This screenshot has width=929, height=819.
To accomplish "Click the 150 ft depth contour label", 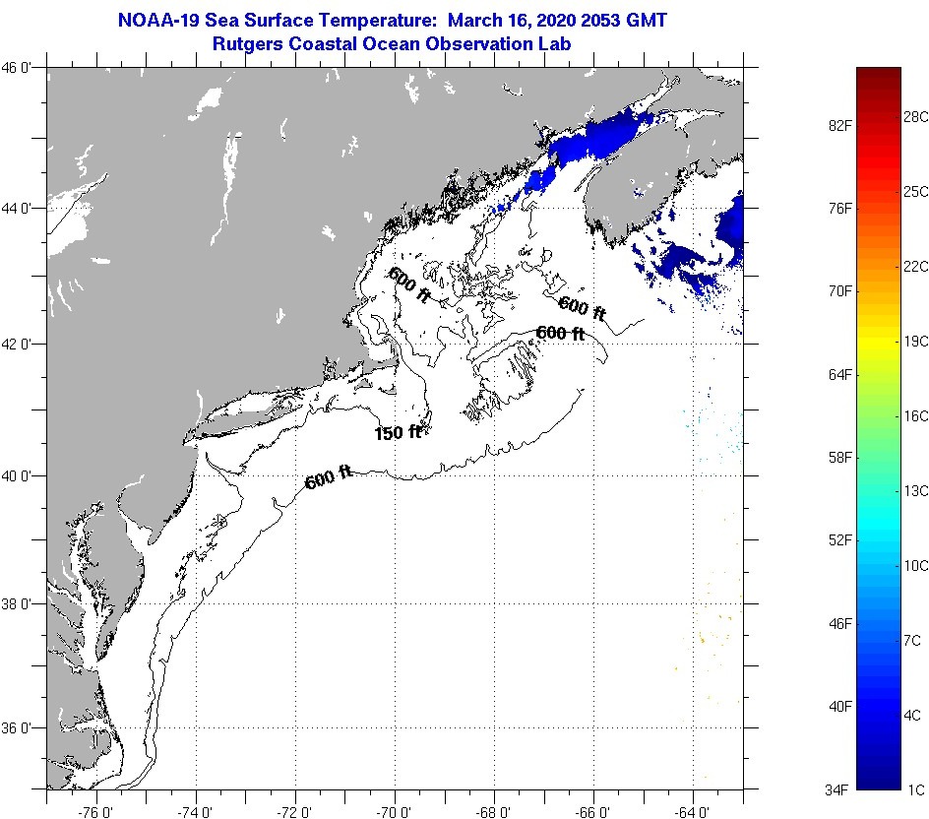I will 398,432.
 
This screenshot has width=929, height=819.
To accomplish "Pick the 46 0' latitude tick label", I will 23,68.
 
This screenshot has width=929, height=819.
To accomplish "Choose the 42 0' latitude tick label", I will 23,344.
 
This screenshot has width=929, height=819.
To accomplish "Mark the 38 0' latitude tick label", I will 23,603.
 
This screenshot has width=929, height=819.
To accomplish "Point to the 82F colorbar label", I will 838,126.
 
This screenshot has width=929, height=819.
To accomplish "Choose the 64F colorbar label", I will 838,374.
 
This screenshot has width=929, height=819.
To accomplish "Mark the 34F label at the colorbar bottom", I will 838,789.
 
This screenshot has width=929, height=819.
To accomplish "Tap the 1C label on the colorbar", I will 913,789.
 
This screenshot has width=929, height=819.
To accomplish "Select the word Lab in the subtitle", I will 556,43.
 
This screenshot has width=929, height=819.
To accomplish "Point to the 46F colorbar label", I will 838,623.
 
